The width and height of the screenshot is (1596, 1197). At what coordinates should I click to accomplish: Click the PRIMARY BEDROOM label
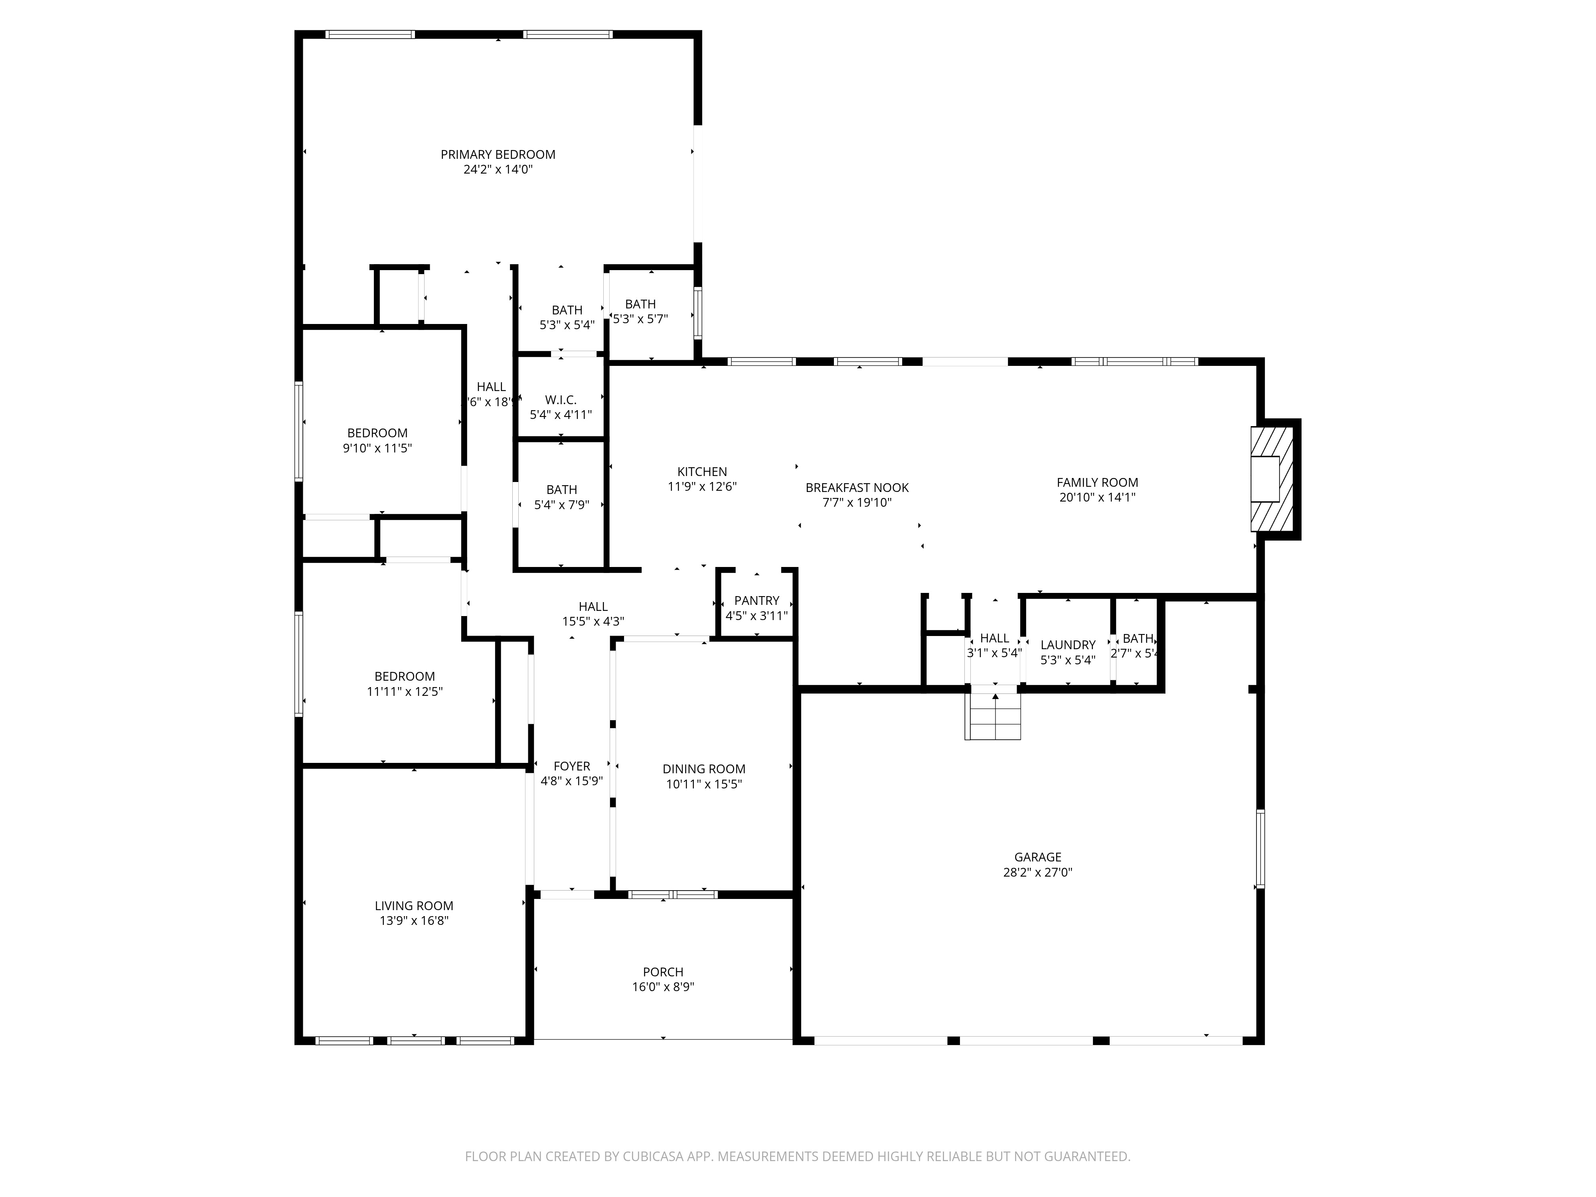498,154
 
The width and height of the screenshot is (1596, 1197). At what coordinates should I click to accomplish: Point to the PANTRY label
756,600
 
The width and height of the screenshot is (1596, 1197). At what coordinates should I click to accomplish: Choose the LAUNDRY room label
1068,644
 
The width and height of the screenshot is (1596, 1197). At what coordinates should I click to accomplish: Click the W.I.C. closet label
561,400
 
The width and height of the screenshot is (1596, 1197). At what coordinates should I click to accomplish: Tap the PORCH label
663,972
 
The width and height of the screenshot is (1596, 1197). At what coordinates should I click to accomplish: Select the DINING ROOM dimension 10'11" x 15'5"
703,784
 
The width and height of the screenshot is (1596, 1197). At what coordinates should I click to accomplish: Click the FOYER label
571,766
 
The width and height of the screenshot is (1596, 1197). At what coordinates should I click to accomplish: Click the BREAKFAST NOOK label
857,488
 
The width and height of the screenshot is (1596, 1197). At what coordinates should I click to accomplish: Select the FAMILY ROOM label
1097,483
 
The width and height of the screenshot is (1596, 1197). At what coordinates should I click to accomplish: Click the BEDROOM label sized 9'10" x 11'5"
377,433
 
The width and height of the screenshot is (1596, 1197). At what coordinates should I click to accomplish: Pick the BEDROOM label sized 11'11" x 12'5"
404,676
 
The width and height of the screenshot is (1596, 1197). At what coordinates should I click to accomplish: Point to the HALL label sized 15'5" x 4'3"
593,607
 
